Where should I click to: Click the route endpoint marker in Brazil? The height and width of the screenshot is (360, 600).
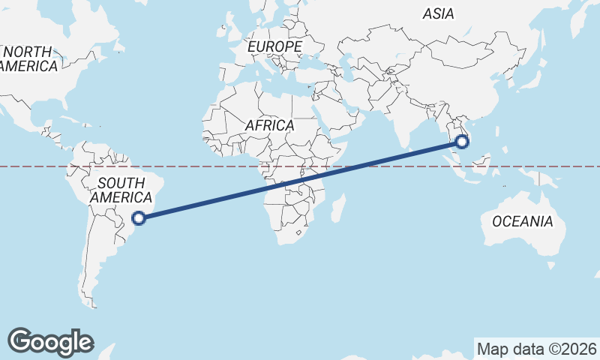click(139, 218)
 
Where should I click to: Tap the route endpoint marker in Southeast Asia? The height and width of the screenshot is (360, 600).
click(462, 140)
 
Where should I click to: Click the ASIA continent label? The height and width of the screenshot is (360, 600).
click(439, 13)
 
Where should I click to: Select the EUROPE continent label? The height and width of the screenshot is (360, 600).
click(274, 46)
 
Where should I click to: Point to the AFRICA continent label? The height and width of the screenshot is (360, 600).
click(269, 125)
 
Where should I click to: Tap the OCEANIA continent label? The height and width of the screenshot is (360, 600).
click(523, 221)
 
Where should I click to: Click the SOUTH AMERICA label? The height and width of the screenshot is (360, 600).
click(121, 190)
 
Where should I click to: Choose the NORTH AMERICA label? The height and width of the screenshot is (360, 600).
click(28, 58)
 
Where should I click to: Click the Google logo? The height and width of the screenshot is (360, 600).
click(50, 341)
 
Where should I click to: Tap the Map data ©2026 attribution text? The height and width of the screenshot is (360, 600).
click(537, 349)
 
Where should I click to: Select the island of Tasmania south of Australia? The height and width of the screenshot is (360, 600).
click(550, 265)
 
